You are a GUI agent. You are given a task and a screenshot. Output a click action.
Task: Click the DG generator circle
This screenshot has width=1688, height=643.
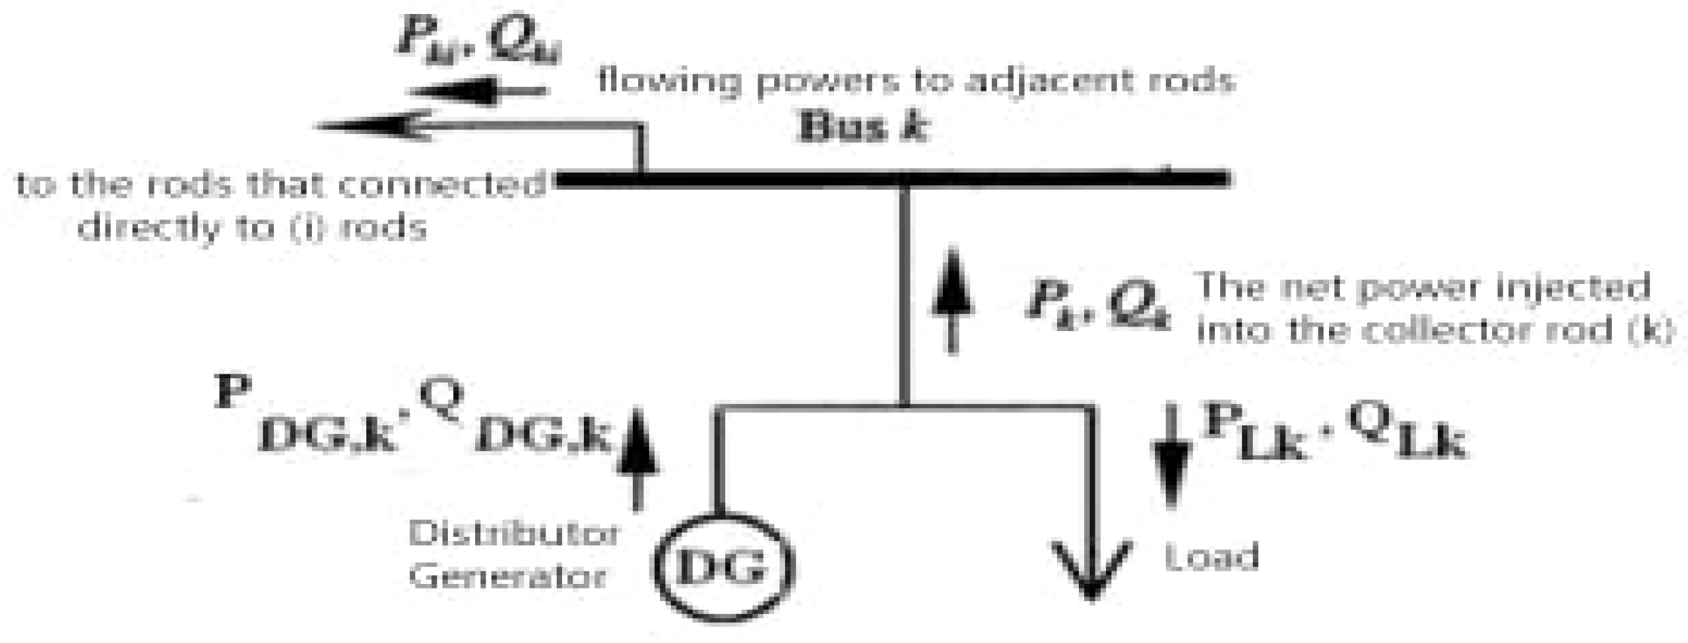(x=724, y=568)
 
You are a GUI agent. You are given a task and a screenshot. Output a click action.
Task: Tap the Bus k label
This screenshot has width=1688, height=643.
(x=863, y=126)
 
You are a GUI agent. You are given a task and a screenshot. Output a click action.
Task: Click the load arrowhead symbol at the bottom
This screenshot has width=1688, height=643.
(x=1091, y=571)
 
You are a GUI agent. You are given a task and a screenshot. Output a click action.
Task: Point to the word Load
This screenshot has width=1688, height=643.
(x=1212, y=556)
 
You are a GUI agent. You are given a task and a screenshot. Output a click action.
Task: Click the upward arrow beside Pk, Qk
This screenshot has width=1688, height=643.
(x=952, y=299)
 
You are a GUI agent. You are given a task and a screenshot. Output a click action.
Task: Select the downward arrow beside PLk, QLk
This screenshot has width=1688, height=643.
(x=1171, y=458)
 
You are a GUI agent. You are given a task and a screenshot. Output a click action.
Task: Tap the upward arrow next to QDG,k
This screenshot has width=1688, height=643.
(x=638, y=458)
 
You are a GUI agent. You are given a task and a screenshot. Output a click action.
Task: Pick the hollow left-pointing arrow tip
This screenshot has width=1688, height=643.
(x=372, y=125)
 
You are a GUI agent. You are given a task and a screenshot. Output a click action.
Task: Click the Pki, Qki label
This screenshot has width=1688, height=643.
(x=478, y=43)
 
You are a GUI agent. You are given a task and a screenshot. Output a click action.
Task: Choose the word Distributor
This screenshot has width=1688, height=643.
(x=514, y=534)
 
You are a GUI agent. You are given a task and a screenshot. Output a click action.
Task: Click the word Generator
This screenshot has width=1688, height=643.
(x=508, y=576)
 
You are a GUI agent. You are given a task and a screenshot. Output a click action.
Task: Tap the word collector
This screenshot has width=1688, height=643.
(x=1423, y=330)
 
